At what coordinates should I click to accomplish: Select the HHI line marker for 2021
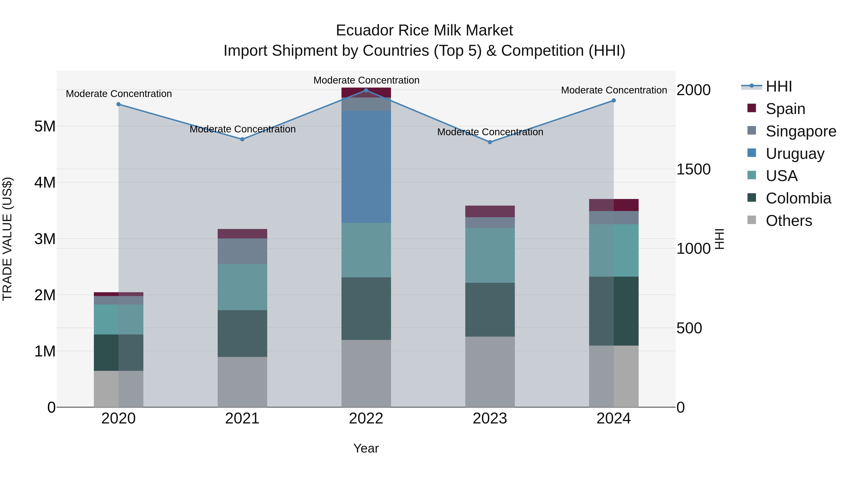242,139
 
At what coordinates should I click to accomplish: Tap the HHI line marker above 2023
490,142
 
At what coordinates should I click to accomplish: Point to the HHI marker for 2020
119,104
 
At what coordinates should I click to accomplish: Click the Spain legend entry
785,109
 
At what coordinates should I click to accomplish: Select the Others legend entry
789,221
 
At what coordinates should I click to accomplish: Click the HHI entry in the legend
778,86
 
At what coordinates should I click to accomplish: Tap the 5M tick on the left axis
45,126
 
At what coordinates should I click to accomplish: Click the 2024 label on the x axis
613,419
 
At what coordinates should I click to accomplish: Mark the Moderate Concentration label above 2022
366,80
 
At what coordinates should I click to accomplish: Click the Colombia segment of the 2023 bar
490,309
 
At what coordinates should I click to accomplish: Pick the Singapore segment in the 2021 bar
242,251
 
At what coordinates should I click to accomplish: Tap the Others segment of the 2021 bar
242,382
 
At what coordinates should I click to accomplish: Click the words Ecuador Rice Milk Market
424,30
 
